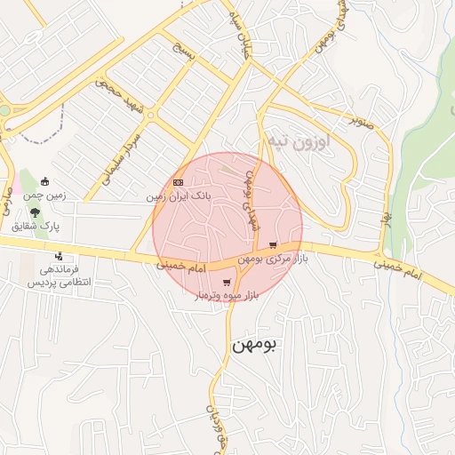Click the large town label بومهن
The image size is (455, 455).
click(255, 345)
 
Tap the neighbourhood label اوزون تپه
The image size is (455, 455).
click(298, 141)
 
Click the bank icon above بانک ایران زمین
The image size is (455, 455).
click(179, 182)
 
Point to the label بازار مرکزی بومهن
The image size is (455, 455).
click(275, 258)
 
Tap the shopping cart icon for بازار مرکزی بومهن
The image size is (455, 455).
click(273, 245)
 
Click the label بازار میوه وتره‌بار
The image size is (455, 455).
click(227, 295)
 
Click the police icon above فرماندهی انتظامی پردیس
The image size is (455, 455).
click(59, 257)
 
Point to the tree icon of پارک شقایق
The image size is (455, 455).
click(35, 212)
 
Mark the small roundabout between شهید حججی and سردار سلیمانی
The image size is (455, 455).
click(150, 116)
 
